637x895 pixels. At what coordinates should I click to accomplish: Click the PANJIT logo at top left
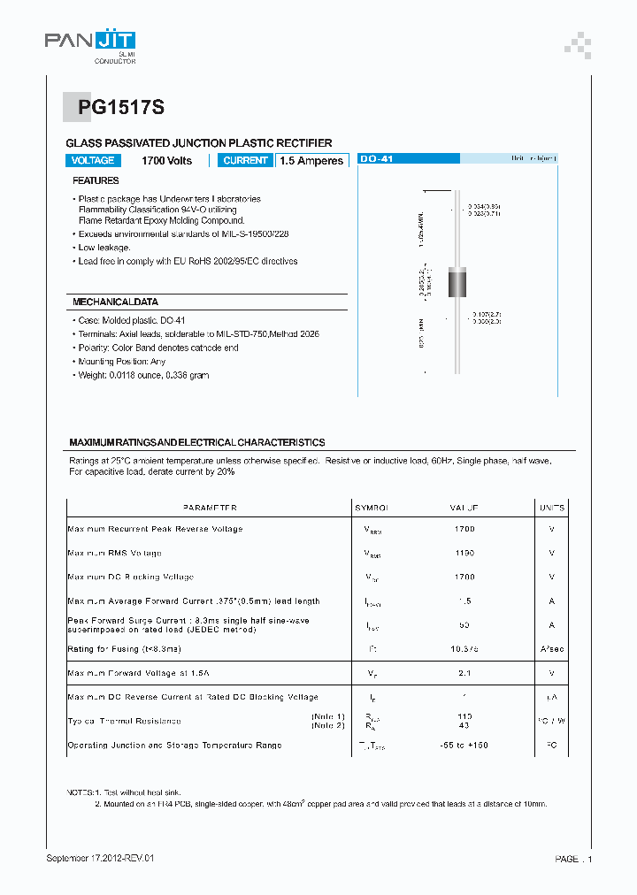coord(90,42)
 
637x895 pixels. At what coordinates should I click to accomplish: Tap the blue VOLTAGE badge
coord(93,161)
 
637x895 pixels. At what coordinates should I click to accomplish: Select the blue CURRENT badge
coord(245,161)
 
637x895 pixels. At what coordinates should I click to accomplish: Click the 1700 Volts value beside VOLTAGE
coord(166,161)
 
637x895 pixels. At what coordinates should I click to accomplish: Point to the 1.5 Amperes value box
coord(311,161)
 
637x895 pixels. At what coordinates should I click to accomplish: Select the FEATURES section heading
coord(96,180)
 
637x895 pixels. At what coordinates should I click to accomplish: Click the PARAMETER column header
coord(210,509)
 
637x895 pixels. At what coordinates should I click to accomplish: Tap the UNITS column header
coord(551,509)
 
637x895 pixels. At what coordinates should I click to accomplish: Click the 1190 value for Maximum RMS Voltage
coord(464,553)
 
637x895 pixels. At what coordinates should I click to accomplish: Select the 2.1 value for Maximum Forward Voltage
coord(464,674)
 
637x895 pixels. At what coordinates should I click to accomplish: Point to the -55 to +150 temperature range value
coord(464,746)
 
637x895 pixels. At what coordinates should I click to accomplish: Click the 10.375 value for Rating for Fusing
coord(464,649)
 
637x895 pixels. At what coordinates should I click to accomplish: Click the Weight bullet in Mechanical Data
coord(143,376)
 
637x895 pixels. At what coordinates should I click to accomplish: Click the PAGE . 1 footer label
coord(573,859)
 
